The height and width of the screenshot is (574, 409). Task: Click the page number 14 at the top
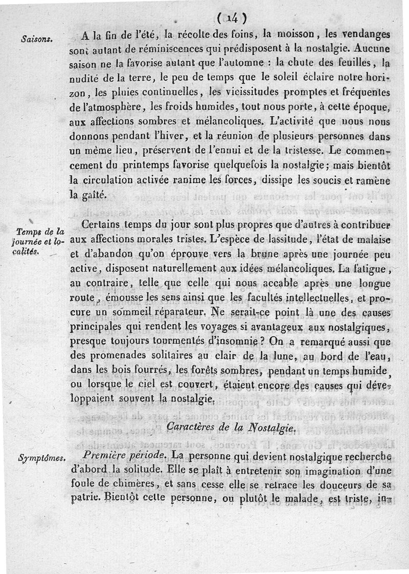pyautogui.click(x=232, y=18)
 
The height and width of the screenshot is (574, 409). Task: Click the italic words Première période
pyautogui.click(x=124, y=455)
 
